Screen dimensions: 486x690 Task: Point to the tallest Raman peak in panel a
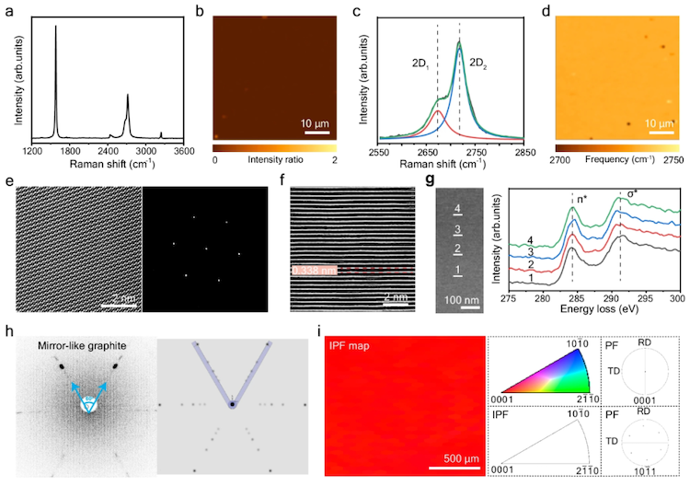point(56,28)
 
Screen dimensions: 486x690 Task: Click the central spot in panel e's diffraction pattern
point(206,249)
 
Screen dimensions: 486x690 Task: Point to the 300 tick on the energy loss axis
point(677,299)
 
